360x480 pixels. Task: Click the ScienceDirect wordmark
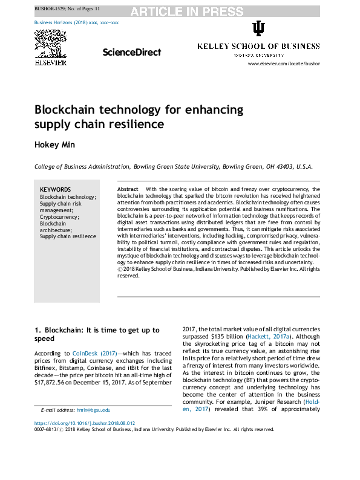coord(131,53)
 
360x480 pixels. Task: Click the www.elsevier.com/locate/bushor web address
coord(284,63)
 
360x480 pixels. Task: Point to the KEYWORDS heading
coord(56,189)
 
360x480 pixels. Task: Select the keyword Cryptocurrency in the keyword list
coord(59,216)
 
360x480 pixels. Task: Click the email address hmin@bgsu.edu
coord(93,410)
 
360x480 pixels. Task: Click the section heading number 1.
coord(37,330)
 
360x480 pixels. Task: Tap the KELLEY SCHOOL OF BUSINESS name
coord(258,47)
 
